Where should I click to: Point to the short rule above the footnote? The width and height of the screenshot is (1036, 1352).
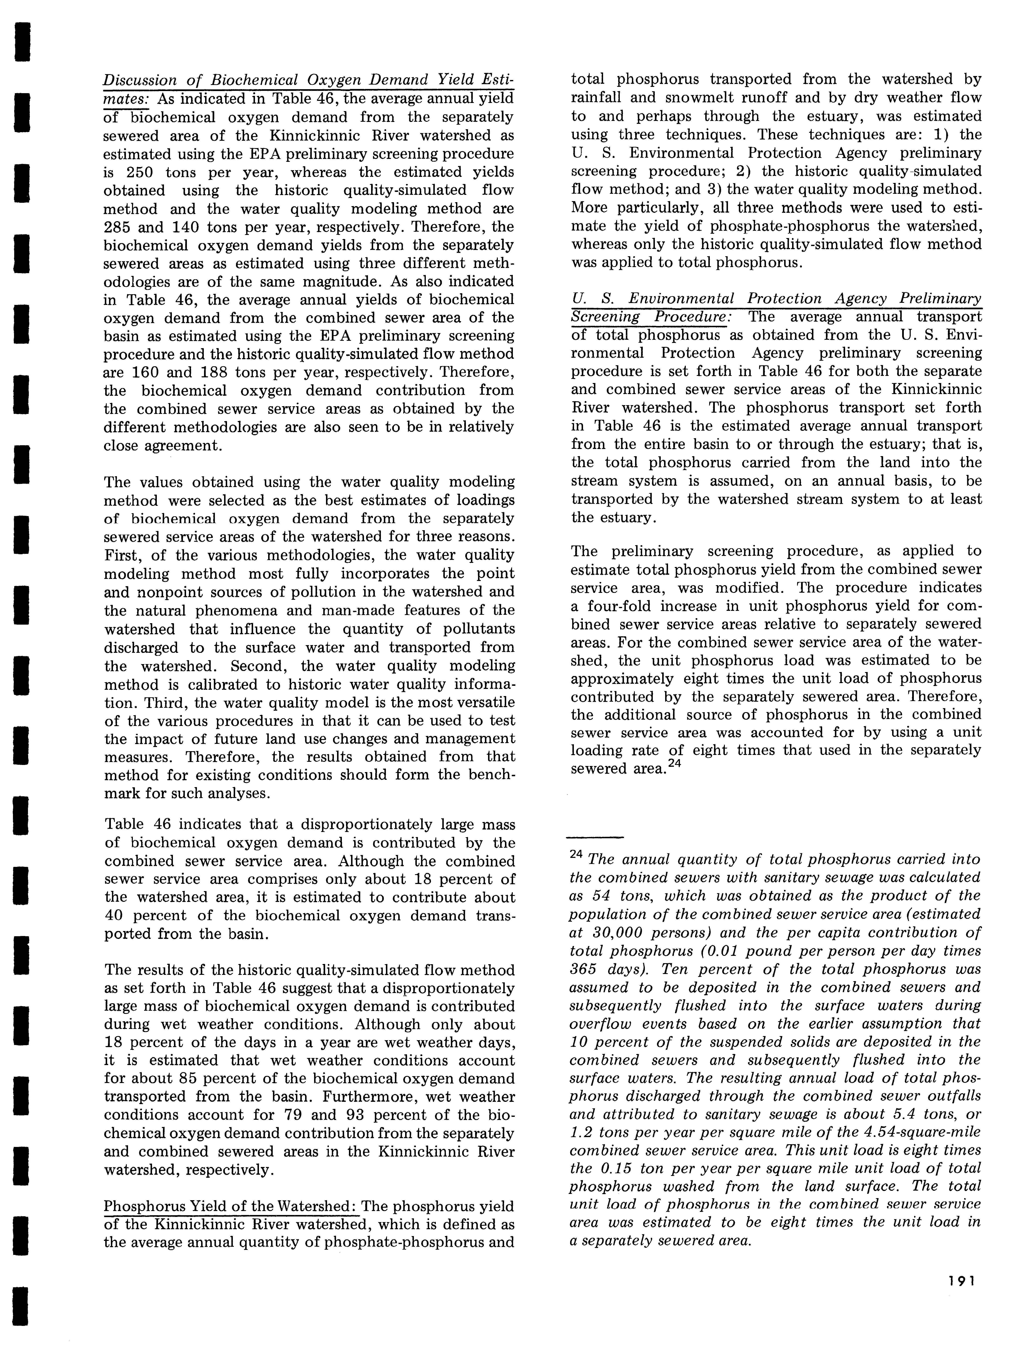click(595, 837)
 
